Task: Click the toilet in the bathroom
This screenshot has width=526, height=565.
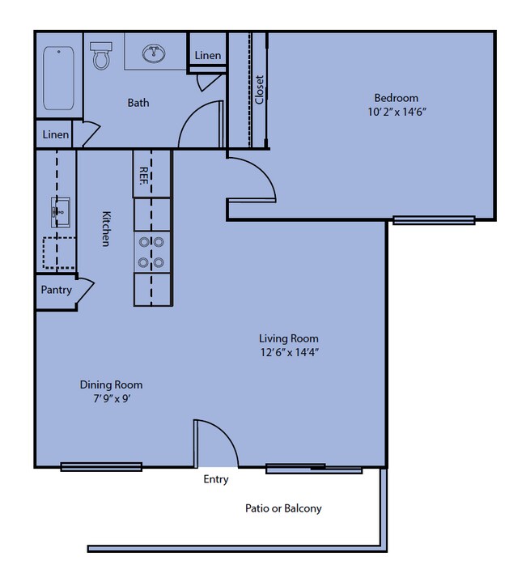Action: (x=101, y=56)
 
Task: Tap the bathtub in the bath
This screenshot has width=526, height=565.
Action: (x=59, y=78)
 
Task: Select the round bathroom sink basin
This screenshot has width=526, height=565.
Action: (x=154, y=53)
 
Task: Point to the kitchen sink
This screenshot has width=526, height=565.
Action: (x=60, y=212)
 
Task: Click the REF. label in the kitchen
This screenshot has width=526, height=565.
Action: (x=144, y=176)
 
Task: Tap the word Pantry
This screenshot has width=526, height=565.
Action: (x=56, y=290)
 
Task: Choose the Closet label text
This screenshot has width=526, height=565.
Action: (x=260, y=90)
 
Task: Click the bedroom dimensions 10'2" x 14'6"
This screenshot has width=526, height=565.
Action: (x=397, y=112)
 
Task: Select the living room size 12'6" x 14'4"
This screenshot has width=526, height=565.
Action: (x=290, y=352)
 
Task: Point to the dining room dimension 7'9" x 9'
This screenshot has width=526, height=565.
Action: (x=112, y=398)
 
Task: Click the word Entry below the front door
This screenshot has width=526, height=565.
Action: (x=216, y=479)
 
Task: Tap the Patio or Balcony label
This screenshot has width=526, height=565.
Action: (x=283, y=508)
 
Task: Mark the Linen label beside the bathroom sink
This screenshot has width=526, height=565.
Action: (x=208, y=56)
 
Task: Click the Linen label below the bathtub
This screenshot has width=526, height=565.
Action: (x=56, y=134)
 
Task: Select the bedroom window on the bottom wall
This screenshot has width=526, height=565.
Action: (x=434, y=220)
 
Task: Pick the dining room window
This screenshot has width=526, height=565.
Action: (x=101, y=467)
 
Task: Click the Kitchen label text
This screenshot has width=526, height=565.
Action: (x=106, y=229)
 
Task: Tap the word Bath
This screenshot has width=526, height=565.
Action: (x=138, y=103)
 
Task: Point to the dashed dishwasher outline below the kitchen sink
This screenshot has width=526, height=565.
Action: (x=59, y=253)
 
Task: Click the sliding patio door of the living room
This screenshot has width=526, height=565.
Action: (x=314, y=469)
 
